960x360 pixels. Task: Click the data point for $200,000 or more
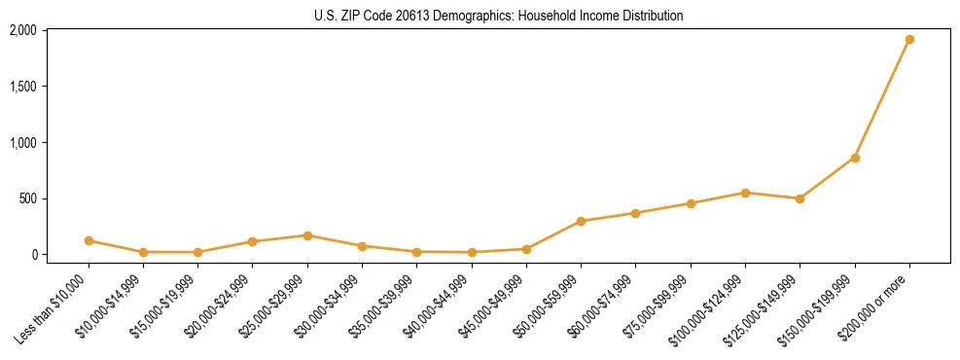(x=909, y=40)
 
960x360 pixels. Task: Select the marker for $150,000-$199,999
(x=855, y=158)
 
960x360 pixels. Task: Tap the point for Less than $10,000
(x=89, y=240)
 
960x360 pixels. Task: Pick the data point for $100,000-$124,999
(x=745, y=193)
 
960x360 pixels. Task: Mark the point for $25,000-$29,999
(x=307, y=235)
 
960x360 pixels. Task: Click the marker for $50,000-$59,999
(x=581, y=221)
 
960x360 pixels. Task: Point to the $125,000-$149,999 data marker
(x=800, y=198)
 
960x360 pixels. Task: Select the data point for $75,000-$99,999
(x=691, y=203)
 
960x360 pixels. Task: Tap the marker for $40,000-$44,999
(x=472, y=252)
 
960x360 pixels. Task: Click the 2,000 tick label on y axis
(x=22, y=31)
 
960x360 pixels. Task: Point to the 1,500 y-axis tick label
(x=22, y=87)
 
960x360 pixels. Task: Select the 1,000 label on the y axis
(x=22, y=143)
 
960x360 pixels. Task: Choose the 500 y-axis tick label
(x=27, y=198)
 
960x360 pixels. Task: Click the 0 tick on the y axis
(x=33, y=255)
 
